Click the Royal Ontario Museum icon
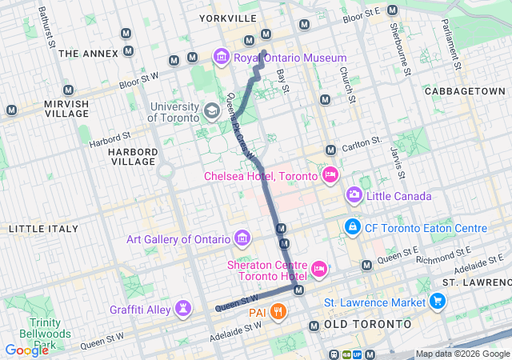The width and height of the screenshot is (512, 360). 221,58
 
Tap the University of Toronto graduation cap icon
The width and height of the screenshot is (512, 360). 212,112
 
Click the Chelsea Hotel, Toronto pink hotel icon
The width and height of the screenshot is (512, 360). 330,175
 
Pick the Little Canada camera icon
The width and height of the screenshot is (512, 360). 354,196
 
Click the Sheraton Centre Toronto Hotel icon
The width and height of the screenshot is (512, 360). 319,269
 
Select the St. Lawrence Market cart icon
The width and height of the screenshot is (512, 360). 437,302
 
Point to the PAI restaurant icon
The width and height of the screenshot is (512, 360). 278,312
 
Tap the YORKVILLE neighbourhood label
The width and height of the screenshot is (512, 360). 230,18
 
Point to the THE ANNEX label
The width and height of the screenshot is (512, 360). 88,54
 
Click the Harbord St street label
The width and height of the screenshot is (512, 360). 110,139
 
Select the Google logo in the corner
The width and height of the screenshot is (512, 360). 26,350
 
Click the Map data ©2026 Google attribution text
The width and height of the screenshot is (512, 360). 462,354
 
